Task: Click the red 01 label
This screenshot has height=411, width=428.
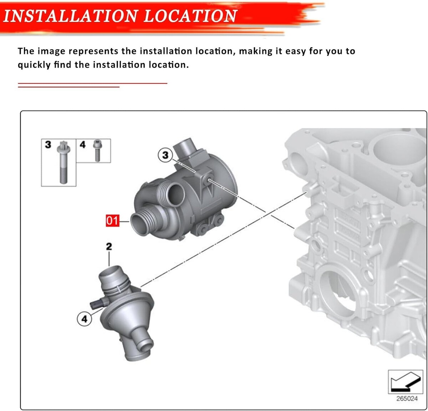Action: click(112, 220)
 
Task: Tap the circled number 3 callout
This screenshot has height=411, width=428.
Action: click(165, 155)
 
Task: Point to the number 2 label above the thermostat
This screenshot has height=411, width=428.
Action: click(109, 246)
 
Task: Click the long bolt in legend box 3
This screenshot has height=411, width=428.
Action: click(63, 162)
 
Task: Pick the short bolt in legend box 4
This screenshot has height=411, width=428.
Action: click(97, 150)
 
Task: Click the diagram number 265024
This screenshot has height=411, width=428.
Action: click(407, 399)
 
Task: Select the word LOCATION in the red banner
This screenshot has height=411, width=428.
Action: click(190, 16)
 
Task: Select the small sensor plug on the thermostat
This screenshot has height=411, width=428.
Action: click(98, 303)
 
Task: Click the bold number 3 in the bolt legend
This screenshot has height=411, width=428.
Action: click(48, 145)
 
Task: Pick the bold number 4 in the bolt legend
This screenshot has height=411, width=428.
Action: click(82, 145)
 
